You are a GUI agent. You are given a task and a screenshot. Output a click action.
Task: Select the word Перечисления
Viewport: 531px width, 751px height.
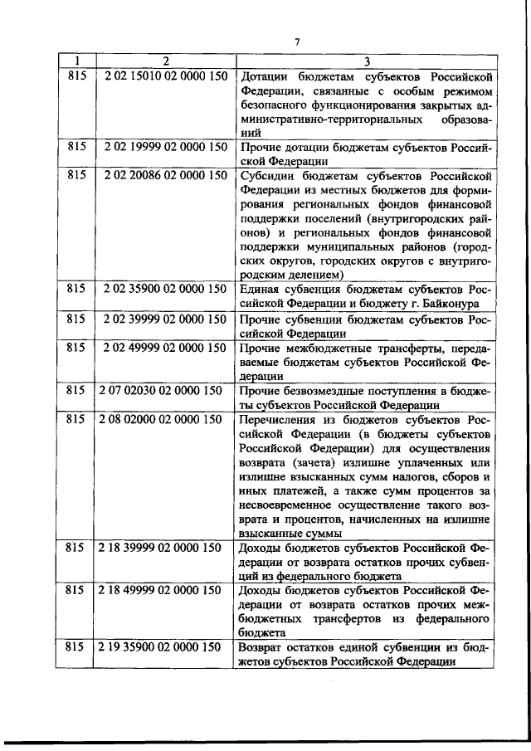pos(279,419)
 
